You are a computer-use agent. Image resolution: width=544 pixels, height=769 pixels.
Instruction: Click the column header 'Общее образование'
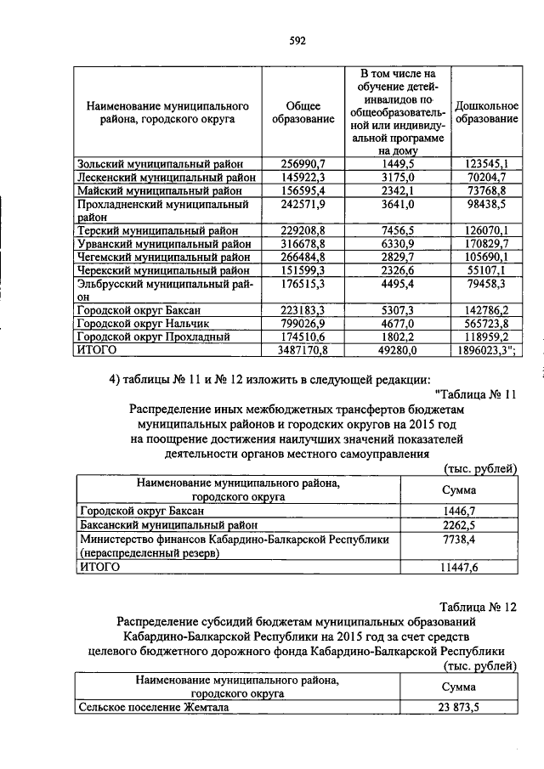coord(303,113)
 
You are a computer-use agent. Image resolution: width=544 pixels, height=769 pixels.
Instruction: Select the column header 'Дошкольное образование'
coord(486,113)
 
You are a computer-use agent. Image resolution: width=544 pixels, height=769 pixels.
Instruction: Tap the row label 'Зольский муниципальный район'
coord(160,163)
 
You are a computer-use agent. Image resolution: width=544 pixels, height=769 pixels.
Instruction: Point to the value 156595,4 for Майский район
coord(303,190)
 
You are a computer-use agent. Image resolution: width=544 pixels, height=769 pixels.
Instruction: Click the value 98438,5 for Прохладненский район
coord(486,205)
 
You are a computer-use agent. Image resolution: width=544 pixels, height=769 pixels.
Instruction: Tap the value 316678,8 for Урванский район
coord(303,243)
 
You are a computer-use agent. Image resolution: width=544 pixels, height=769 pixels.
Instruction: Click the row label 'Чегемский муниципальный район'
coord(163,257)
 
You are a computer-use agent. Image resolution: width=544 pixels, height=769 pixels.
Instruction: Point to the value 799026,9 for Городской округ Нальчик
coord(303,323)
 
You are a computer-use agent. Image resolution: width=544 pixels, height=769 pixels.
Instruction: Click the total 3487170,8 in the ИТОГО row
coord(303,349)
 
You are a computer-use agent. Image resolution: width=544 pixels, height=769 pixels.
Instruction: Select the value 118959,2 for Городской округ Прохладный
coord(486,336)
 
